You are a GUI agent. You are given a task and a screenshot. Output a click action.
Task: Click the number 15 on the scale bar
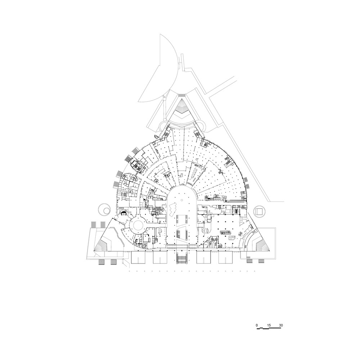(269, 325)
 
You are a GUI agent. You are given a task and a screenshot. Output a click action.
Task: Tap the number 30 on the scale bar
(281, 325)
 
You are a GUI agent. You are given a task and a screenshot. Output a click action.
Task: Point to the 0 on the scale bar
(257, 325)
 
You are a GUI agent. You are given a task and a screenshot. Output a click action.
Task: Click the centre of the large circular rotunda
(138, 224)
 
